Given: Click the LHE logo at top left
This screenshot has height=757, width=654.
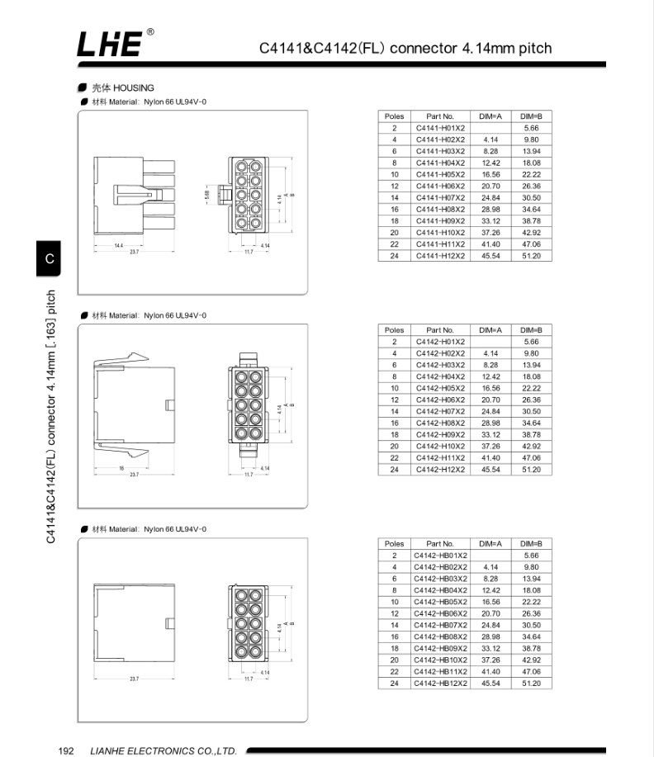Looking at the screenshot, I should (114, 45).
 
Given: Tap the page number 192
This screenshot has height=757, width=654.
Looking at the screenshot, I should (67, 750).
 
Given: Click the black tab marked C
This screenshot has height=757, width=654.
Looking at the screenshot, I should (50, 259).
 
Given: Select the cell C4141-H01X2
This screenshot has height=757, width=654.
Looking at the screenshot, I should (440, 128).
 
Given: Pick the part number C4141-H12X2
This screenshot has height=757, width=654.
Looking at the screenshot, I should (440, 256).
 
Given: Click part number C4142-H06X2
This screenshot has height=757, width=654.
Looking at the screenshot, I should (440, 400).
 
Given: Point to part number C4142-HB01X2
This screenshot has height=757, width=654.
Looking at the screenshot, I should (441, 556).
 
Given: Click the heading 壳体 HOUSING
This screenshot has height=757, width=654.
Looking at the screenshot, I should (122, 88).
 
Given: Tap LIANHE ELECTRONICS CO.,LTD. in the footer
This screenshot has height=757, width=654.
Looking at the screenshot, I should (163, 750).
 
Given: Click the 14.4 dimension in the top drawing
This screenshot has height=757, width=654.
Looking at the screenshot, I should (119, 246).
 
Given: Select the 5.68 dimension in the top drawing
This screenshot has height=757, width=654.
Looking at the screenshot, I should (206, 196).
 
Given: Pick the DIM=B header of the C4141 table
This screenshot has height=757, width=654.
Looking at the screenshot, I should (531, 116).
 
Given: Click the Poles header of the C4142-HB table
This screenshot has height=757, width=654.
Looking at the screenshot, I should (395, 544).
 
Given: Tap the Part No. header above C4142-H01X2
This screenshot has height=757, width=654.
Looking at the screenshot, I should (440, 330).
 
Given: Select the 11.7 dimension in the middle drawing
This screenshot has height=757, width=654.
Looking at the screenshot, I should (247, 475).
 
